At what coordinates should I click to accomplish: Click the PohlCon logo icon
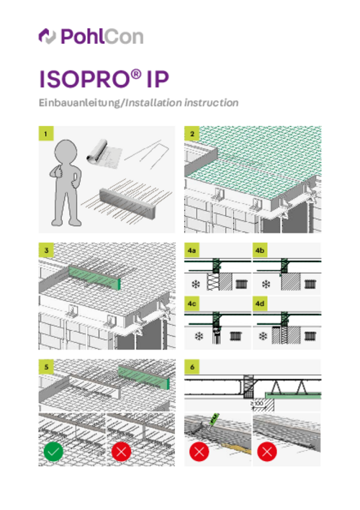pos(48,36)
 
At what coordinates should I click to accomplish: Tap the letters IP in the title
pos(158,79)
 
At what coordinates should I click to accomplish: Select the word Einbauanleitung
pos(80,103)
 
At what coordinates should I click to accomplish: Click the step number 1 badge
pos(46,133)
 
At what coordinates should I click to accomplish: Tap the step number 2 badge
pos(192,133)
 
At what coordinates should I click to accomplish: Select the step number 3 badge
pos(46,250)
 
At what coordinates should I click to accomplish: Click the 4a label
pos(192,250)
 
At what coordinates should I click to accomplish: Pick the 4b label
pos(260,250)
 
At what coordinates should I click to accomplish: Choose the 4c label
pos(192,303)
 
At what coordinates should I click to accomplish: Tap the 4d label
pos(260,303)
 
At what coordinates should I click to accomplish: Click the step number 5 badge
pos(46,367)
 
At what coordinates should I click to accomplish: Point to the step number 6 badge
pos(192,367)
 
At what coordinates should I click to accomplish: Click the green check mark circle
pos(53,452)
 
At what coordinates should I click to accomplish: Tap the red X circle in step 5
pos(121,452)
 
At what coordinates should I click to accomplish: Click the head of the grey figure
pos(66,151)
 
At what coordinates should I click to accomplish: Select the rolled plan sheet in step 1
pos(104,153)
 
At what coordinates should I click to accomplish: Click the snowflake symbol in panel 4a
pos(195,285)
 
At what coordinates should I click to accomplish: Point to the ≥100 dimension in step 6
pos(257,403)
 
